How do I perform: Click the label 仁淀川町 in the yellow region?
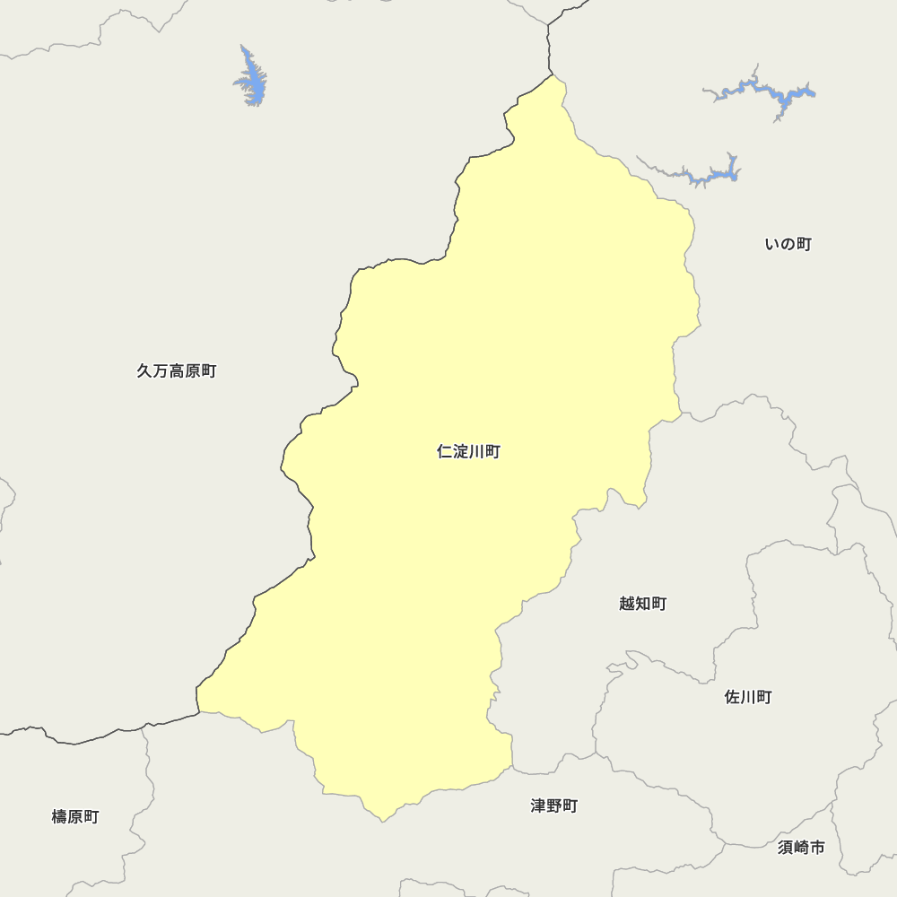pos(468,452)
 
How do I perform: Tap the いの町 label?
pos(788,244)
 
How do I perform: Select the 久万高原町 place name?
pos(177,370)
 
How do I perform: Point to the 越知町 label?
pos(642,604)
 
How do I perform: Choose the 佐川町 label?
pos(747,697)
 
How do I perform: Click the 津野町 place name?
pos(553,806)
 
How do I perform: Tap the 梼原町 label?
pos(75,816)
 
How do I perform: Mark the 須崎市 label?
pos(801,847)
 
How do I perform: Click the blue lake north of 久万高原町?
pos(253,79)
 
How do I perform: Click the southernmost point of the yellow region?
pos(384,820)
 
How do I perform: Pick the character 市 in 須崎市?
pos(816,847)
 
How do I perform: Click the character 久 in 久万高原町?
pos(144,370)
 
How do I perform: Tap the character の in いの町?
pos(788,244)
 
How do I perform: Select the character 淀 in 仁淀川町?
pos(460,452)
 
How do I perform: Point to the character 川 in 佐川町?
pos(747,697)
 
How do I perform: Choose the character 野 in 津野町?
pos(553,806)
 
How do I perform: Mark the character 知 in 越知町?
pos(642,604)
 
